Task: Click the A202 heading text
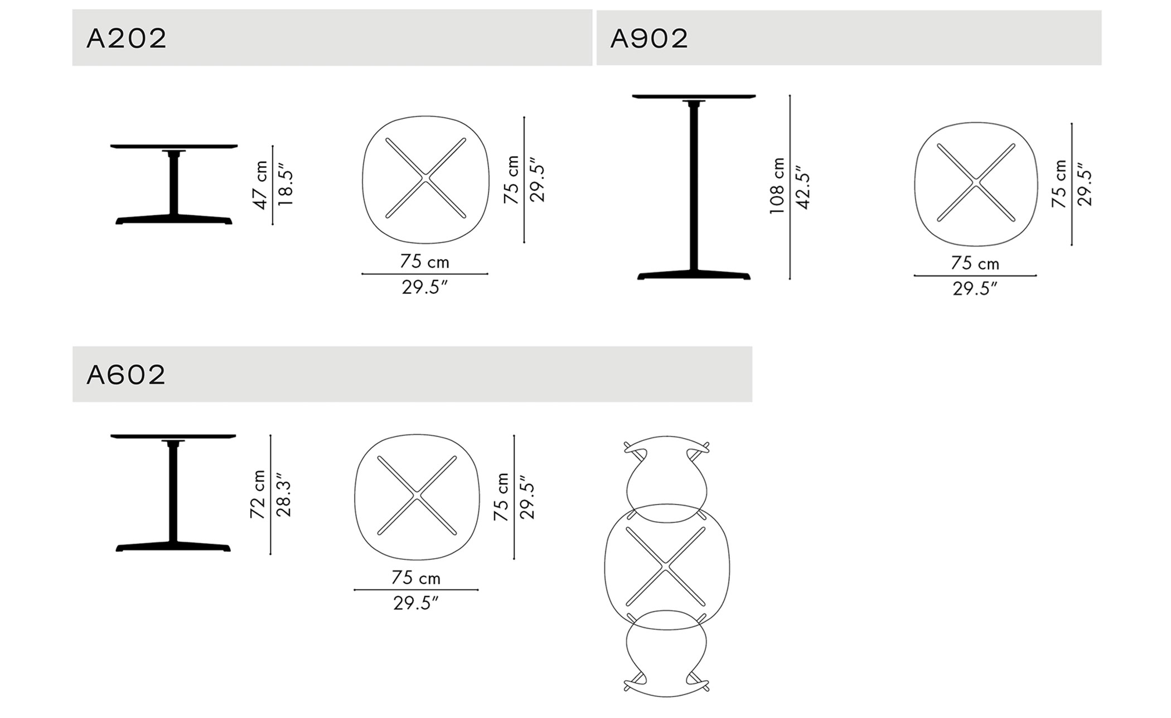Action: point(127,38)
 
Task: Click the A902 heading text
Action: point(649,38)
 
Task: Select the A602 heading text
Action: point(126,375)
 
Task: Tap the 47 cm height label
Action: point(260,185)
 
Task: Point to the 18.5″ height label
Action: point(285,185)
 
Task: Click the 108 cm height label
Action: point(777,186)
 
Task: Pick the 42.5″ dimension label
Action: point(802,187)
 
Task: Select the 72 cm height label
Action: point(258,494)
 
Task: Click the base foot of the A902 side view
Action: point(694,275)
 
